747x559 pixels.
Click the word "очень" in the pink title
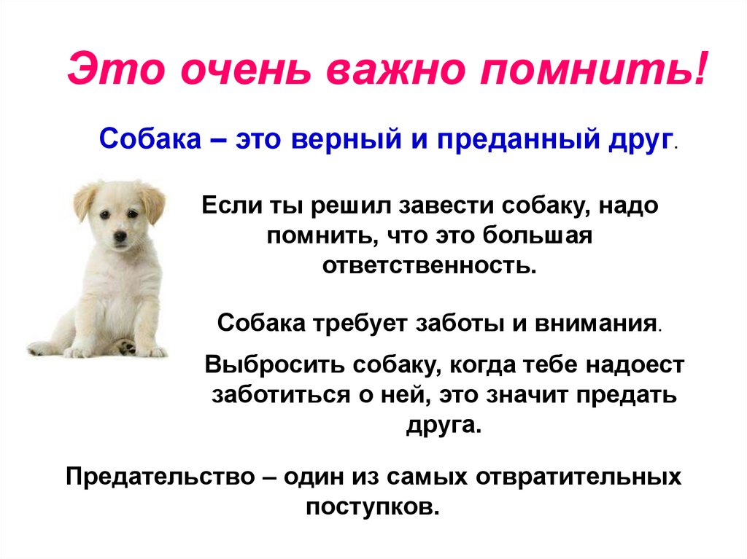(x=246, y=69)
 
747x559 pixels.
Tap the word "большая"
(x=538, y=235)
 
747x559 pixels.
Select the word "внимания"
(x=596, y=324)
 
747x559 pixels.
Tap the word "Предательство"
(x=160, y=477)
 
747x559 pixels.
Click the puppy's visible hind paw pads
(x=126, y=347)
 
